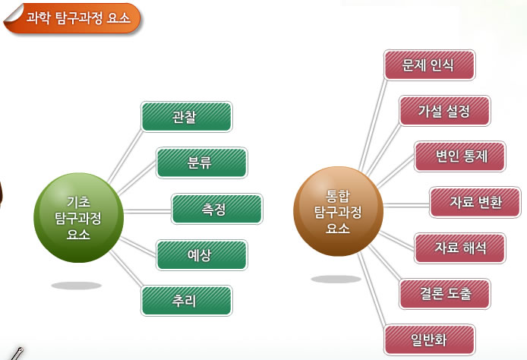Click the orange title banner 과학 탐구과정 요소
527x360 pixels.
click(72, 18)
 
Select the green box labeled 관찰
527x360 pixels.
click(187, 117)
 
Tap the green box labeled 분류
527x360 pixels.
click(202, 163)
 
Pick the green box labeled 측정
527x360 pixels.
click(216, 209)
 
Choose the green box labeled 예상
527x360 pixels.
click(202, 255)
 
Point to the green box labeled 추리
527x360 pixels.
click(187, 301)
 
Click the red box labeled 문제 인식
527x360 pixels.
click(430, 65)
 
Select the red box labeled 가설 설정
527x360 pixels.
click(445, 111)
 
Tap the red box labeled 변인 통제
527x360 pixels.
click(459, 156)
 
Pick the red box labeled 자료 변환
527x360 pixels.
click(475, 202)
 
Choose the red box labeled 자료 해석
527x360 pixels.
click(459, 248)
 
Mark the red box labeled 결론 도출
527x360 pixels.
click(445, 294)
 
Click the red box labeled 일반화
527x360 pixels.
click(430, 339)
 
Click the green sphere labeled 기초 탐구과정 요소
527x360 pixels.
click(79, 217)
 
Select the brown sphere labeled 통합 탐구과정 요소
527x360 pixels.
click(338, 211)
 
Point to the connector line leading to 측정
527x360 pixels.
click(147, 211)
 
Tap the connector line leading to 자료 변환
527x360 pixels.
click(406, 205)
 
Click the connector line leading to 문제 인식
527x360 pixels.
click(373, 125)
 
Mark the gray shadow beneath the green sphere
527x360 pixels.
click(76, 286)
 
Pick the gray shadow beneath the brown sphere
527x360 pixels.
click(336, 279)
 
